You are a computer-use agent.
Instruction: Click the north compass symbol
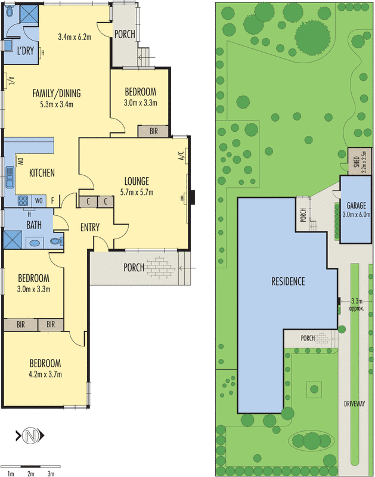click(x=30, y=436)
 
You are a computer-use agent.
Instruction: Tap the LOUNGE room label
click(x=136, y=181)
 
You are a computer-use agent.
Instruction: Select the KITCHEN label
click(x=42, y=173)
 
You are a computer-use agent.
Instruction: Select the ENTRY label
click(x=89, y=227)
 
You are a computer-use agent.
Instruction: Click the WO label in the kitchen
click(x=39, y=200)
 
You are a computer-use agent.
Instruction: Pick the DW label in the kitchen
click(x=20, y=161)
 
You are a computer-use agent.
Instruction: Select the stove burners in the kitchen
click(x=23, y=200)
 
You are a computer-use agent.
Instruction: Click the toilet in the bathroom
click(x=56, y=241)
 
